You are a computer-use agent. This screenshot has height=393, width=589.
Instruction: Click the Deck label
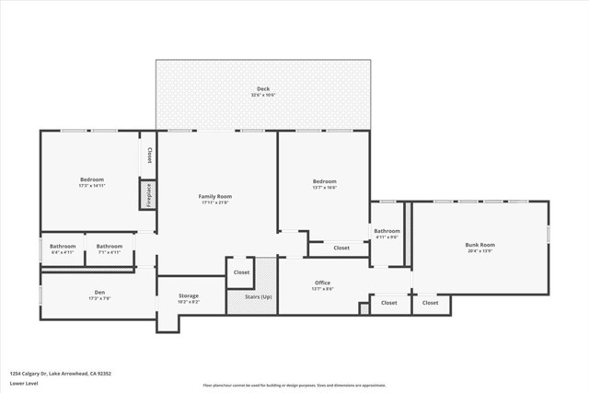coord(263,89)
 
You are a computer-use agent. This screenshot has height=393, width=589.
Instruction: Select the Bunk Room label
coord(479,245)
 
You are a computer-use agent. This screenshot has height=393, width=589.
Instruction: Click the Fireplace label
coord(147,195)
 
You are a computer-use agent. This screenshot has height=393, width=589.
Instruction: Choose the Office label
coord(322,283)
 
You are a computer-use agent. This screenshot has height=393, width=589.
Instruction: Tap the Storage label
coord(189,295)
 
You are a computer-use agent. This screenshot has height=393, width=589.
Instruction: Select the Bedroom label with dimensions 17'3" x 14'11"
coord(92,179)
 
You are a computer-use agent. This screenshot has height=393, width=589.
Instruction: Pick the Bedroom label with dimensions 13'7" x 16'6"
coord(324,181)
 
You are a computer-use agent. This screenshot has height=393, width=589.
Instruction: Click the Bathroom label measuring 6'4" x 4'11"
coord(63,246)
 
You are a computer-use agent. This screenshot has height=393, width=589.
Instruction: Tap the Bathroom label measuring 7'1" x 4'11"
coord(110,246)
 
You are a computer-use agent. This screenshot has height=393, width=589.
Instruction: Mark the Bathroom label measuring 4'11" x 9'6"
coord(387,231)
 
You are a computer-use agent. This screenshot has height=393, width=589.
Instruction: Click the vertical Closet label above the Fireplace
coord(149,155)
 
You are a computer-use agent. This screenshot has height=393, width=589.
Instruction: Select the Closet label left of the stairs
coord(241,272)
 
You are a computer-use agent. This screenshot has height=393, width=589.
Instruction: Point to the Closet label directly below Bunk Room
coord(430,302)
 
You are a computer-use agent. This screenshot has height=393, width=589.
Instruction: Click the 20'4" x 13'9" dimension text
coord(479,251)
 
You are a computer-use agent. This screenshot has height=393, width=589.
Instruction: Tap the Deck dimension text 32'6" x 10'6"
coord(263,96)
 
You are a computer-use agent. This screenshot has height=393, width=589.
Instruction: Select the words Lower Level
coord(23,382)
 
